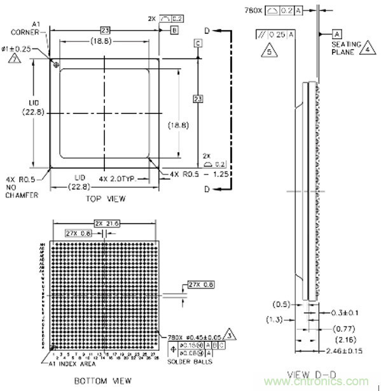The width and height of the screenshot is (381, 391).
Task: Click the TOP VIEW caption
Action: pyautogui.click(x=106, y=199)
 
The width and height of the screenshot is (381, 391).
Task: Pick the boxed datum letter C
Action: pyautogui.click(x=198, y=43)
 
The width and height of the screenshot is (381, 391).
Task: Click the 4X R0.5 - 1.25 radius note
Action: pyautogui.click(x=195, y=174)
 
